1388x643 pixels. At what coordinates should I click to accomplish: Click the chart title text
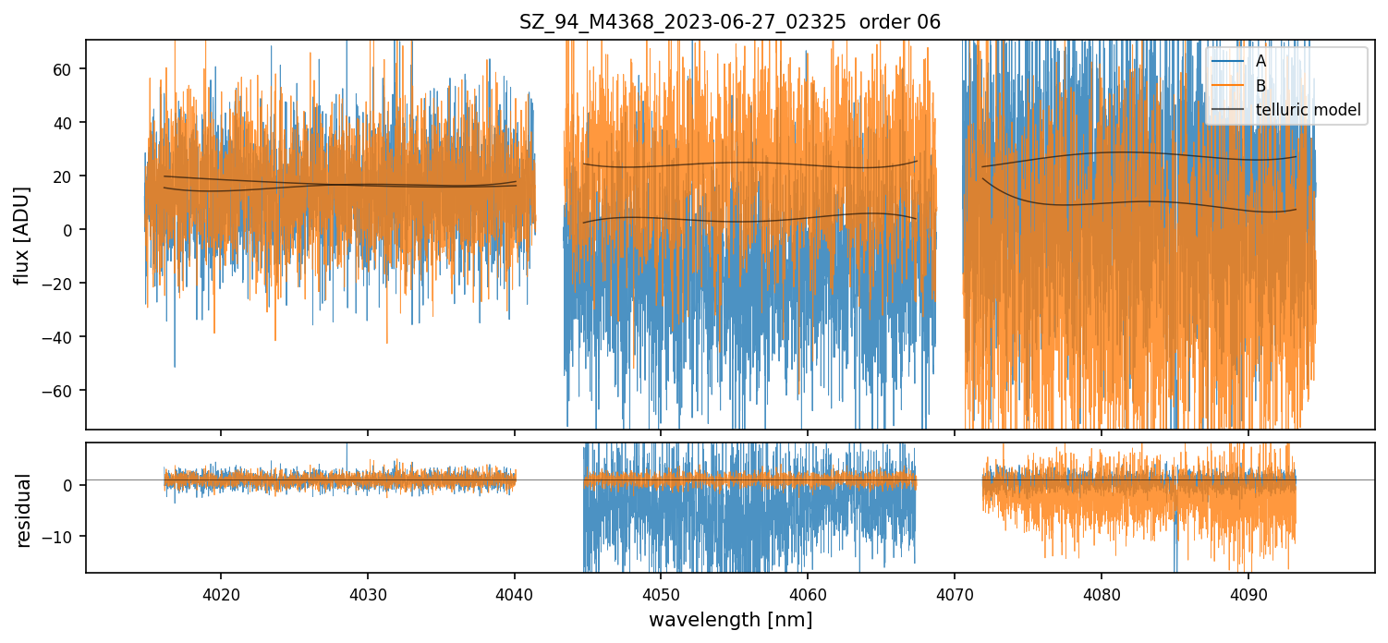[x=730, y=22]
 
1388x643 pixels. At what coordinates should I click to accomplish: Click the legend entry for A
[x=1260, y=61]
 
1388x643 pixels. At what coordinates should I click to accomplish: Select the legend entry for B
[x=1260, y=86]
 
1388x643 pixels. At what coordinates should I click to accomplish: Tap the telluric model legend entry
[x=1308, y=111]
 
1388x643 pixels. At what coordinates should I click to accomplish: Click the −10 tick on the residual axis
[x=61, y=537]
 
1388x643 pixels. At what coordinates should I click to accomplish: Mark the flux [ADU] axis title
[x=21, y=235]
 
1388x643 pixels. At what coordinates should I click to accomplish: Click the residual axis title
[x=24, y=510]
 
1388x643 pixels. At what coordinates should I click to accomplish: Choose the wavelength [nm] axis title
[x=730, y=620]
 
